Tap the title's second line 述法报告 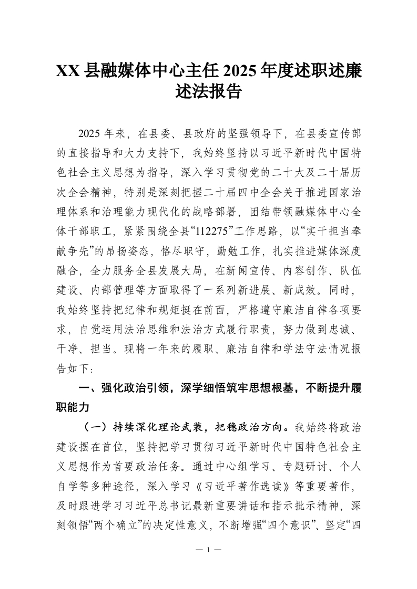coord(208,92)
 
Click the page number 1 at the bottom coord(209,550)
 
